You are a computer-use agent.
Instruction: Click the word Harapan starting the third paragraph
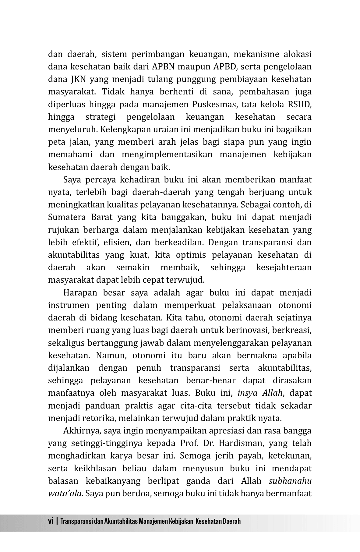pyautogui.click(x=79, y=293)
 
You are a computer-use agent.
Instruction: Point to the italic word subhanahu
pyautogui.click(x=290, y=481)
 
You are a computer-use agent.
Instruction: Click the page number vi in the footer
pyautogui.click(x=51, y=521)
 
